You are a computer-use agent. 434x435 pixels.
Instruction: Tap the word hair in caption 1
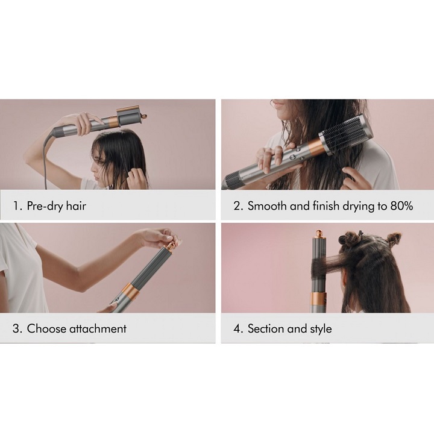point(76,205)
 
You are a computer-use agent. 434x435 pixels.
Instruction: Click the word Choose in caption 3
point(46,328)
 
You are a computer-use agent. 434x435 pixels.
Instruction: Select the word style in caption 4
point(321,329)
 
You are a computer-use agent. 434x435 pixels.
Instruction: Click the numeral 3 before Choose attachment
point(16,328)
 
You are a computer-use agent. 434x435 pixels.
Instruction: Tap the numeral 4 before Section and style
point(237,328)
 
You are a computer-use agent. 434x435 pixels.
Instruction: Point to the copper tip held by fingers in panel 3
point(172,246)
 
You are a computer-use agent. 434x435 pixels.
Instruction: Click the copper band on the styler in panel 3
point(130,292)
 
